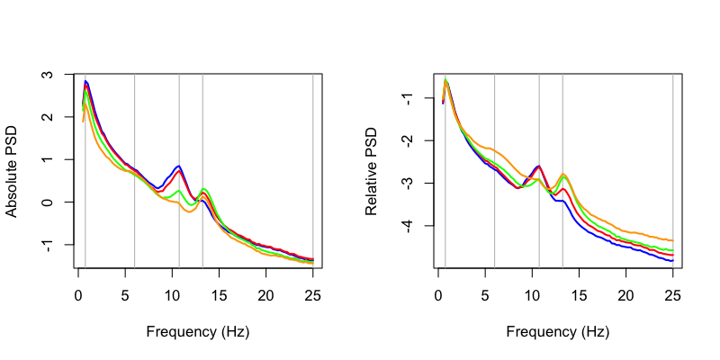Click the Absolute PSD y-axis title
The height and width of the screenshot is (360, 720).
13,171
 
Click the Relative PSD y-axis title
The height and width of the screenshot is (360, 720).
372,171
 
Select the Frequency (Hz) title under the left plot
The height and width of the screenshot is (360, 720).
195,331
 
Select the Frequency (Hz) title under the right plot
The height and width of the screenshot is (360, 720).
555,331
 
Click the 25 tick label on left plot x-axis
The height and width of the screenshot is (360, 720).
312,293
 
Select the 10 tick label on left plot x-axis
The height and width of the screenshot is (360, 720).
172,293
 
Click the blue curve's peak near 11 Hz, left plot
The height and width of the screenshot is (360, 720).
179,166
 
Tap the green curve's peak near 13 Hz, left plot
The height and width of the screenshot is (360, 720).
204,189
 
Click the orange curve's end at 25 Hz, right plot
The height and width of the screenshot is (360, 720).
673,240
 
